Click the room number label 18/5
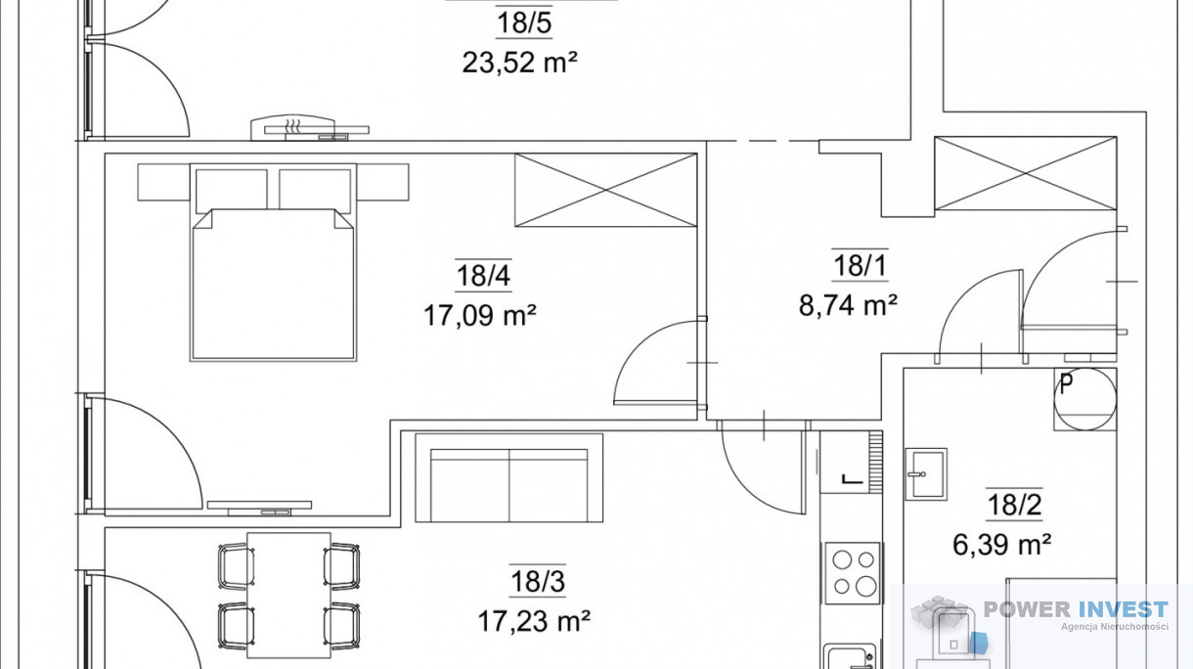pos(524,24)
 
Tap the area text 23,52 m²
pos(519,63)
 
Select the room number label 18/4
pos(483,276)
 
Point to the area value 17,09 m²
pos(479,315)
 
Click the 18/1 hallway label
pos(861,265)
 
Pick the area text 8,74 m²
pos(848,305)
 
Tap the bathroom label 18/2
pos(1014,505)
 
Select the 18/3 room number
pos(538,581)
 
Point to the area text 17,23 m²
pos(534,621)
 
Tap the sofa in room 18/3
pos(509,477)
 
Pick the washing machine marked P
pos(1085,399)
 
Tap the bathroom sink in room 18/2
pos(926,473)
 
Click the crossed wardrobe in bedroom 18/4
pos(606,190)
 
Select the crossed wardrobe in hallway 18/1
pos(1026,174)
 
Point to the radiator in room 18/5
pos(310,128)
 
